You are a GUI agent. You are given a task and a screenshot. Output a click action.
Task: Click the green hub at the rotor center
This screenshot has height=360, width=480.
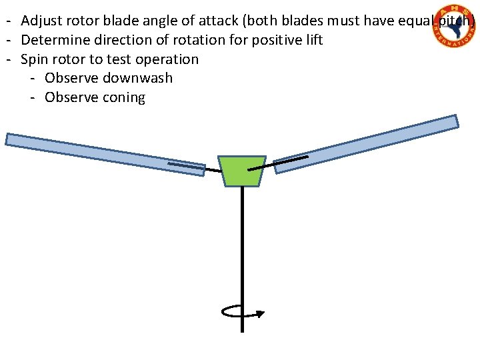pyautogui.click(x=242, y=171)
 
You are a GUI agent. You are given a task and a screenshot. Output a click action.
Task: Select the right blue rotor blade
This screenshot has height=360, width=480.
pyautogui.click(x=367, y=143)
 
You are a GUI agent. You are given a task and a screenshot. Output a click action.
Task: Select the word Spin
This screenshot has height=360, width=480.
pyautogui.click(x=34, y=59)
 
